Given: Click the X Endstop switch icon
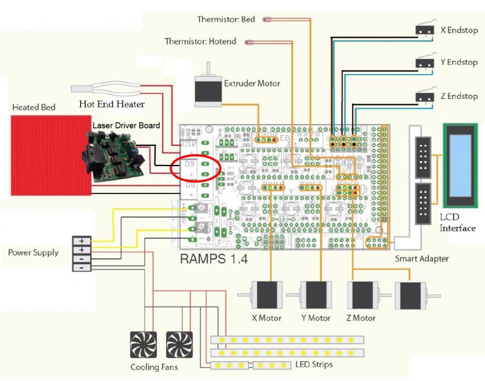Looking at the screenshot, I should [425, 30].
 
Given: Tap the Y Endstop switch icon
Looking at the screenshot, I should [425, 63].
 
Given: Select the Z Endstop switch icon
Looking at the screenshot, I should [425, 96].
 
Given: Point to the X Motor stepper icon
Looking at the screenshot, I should [266, 296].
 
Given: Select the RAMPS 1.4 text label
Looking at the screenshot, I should [214, 260].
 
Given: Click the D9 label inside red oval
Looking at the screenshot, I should [189, 164].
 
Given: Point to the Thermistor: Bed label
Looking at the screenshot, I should [226, 19].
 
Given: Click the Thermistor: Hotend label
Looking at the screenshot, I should [200, 42].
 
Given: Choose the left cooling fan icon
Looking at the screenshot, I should [144, 345].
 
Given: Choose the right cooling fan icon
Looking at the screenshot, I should [180, 345].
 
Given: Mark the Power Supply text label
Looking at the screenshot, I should [33, 253].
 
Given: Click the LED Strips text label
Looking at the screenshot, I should [314, 364].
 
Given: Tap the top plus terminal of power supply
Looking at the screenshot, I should [81, 241].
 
